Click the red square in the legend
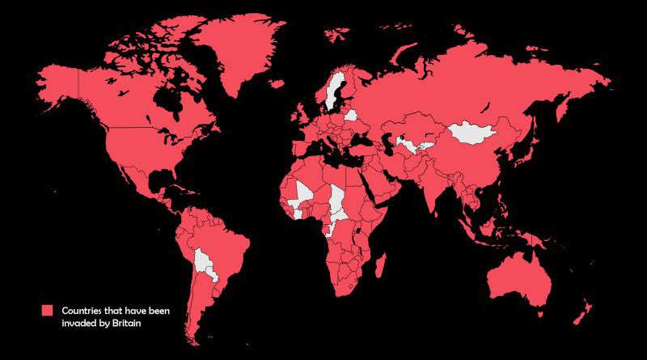click(47, 310)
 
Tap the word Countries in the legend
click(84, 310)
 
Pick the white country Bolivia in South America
click(202, 261)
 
